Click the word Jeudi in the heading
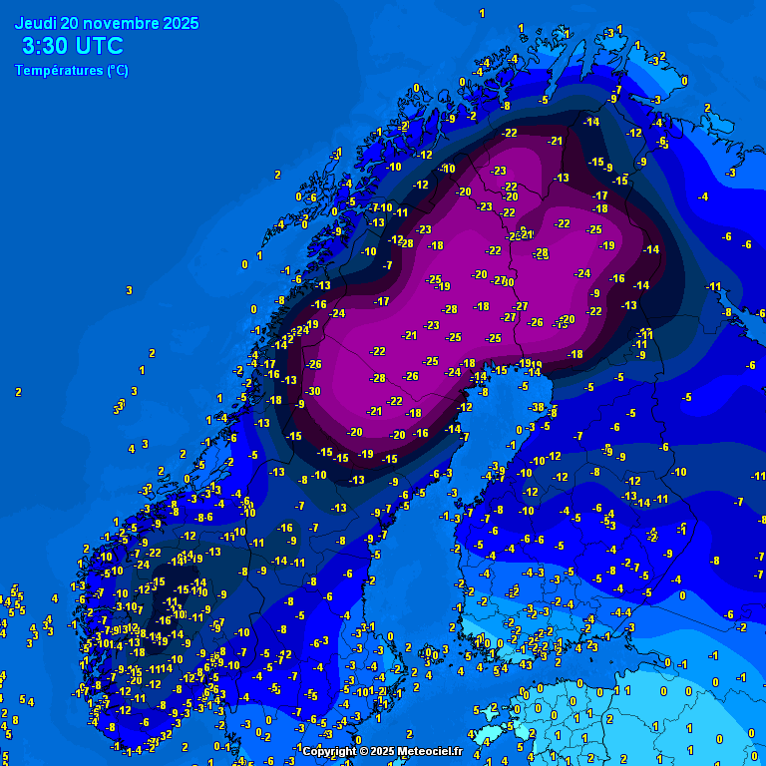click(x=35, y=23)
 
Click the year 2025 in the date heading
click(x=180, y=23)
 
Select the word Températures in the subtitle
click(x=59, y=71)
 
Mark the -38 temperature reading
click(x=538, y=407)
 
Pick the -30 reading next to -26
click(x=314, y=391)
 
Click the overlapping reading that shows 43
click(x=525, y=664)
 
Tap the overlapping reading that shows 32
click(x=166, y=735)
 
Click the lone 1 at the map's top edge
click(x=482, y=13)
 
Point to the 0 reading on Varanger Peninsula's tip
click(x=683, y=81)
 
